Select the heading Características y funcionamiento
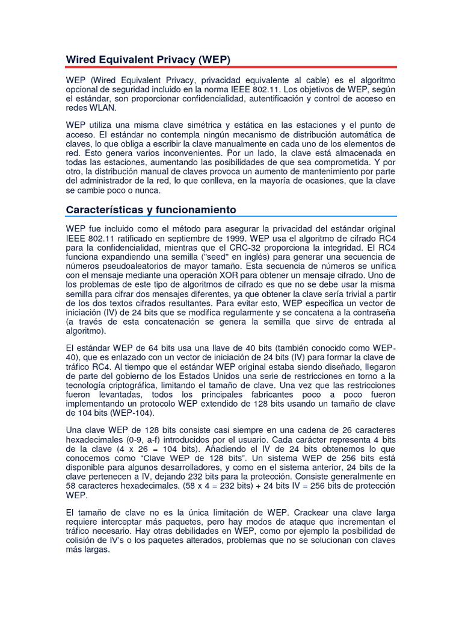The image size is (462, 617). pos(150,209)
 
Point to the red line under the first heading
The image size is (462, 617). pos(231,67)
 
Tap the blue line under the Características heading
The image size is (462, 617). pos(231,216)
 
